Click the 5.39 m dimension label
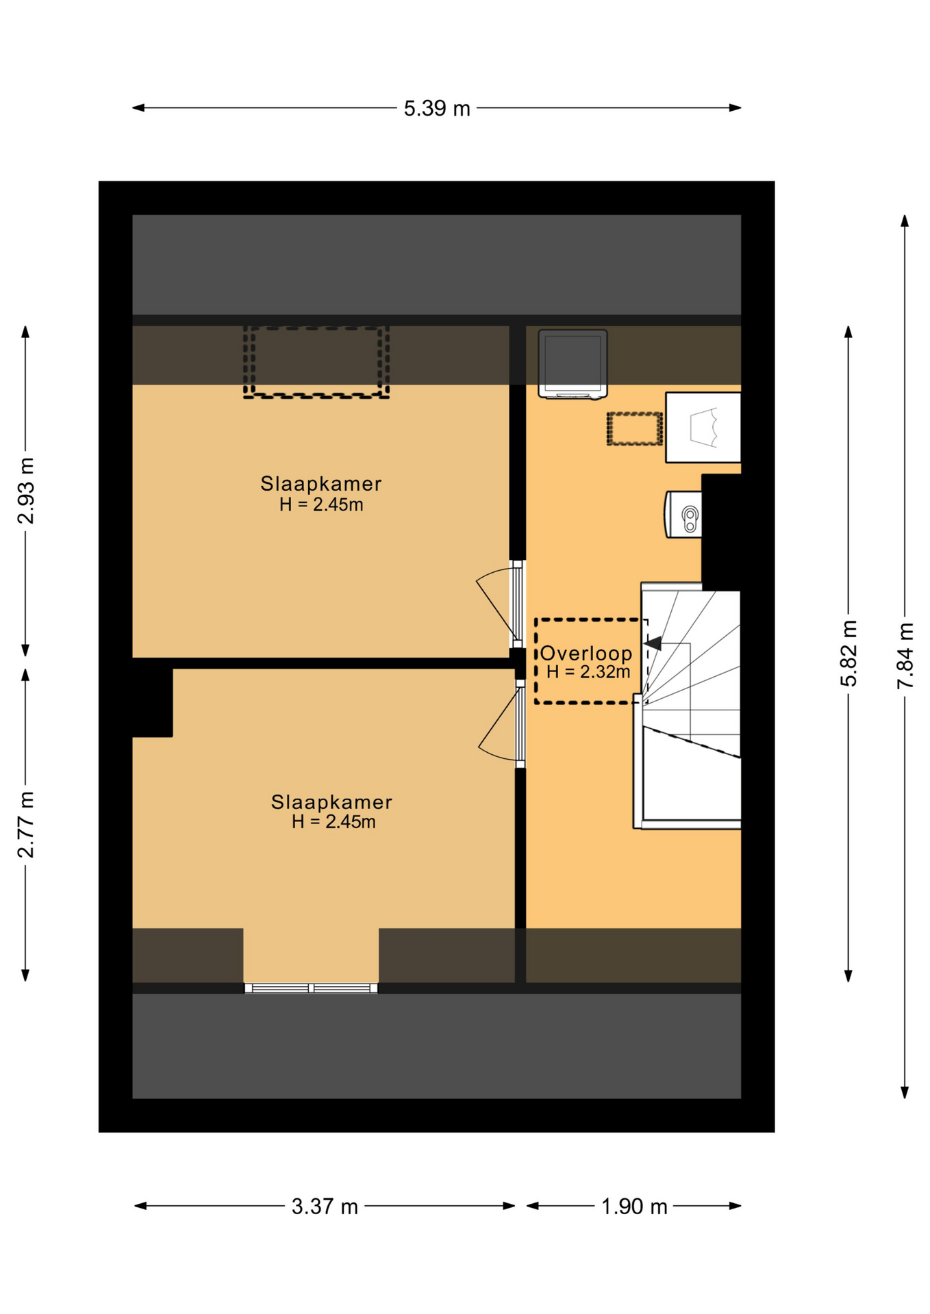[436, 109]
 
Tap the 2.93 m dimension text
[26, 490]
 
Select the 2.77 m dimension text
[26, 824]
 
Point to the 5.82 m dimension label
[849, 653]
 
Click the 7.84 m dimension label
[905, 655]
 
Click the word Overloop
[586, 654]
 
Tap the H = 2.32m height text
[588, 672]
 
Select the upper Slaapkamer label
[321, 484]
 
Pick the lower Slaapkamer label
[331, 802]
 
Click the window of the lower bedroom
[311, 988]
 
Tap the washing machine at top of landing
[573, 363]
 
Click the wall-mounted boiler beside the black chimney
[683, 514]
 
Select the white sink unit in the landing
[703, 427]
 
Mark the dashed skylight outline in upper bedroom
[316, 362]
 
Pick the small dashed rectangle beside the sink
[635, 429]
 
